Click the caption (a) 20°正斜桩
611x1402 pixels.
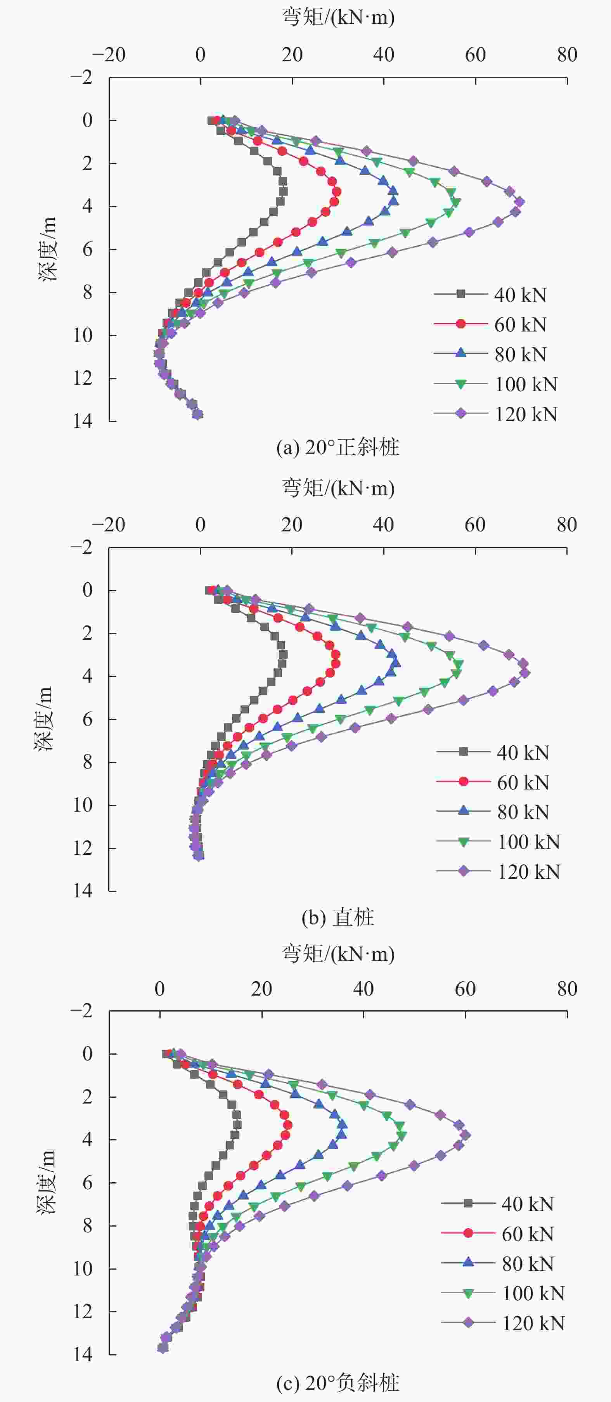pyautogui.click(x=338, y=448)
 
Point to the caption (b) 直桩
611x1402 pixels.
pyautogui.click(x=338, y=918)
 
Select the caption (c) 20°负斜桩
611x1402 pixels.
pyautogui.click(x=338, y=1383)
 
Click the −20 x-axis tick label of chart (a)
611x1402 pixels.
pyautogui.click(x=109, y=54)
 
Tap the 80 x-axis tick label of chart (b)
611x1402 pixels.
pyautogui.click(x=566, y=525)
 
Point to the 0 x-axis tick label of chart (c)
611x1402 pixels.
pyautogui.click(x=159, y=989)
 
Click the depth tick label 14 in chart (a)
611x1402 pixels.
pyautogui.click(x=83, y=421)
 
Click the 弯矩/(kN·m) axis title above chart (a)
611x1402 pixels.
pyautogui.click(x=338, y=17)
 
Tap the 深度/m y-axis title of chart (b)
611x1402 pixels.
pyautogui.click(x=43, y=719)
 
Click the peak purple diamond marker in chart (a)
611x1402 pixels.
pyautogui.click(x=519, y=201)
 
